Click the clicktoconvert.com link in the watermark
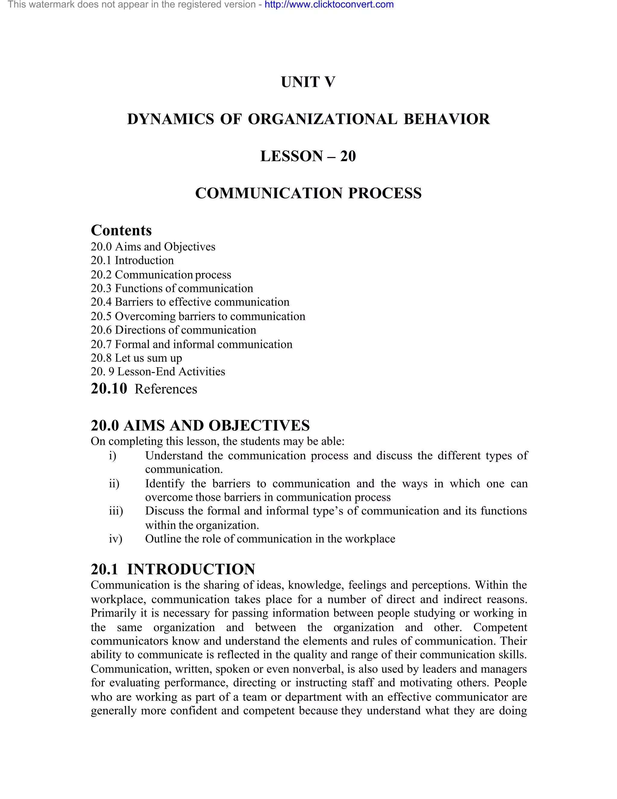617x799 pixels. pos(329,5)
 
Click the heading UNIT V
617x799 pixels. pos(308,82)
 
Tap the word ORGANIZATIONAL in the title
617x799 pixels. pos(322,119)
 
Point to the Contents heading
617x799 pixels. pos(121,230)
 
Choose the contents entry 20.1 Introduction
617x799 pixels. pos(132,261)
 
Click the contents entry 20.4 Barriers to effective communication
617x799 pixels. pos(190,302)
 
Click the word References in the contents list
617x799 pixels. pos(166,389)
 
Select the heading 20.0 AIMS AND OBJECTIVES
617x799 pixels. pos(200,425)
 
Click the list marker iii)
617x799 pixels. pos(115,511)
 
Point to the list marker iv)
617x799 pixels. pos(115,539)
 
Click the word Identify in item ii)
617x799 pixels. pos(164,484)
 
